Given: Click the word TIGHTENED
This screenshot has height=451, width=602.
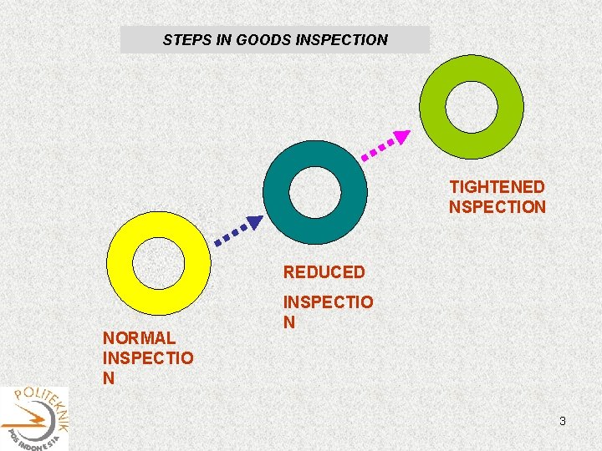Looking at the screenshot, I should point(497,187).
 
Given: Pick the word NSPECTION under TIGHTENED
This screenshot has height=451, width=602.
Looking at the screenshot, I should point(497,207).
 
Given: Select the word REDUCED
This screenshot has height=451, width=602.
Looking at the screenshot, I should point(324,272).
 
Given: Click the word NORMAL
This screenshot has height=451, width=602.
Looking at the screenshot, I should point(139,338).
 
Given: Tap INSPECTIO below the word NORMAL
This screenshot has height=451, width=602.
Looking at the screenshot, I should point(147,358).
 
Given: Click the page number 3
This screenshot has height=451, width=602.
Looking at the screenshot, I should point(563,422).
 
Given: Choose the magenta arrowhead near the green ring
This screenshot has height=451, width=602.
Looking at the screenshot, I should point(402,136).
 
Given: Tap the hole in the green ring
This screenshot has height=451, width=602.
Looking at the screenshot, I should point(471,105).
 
